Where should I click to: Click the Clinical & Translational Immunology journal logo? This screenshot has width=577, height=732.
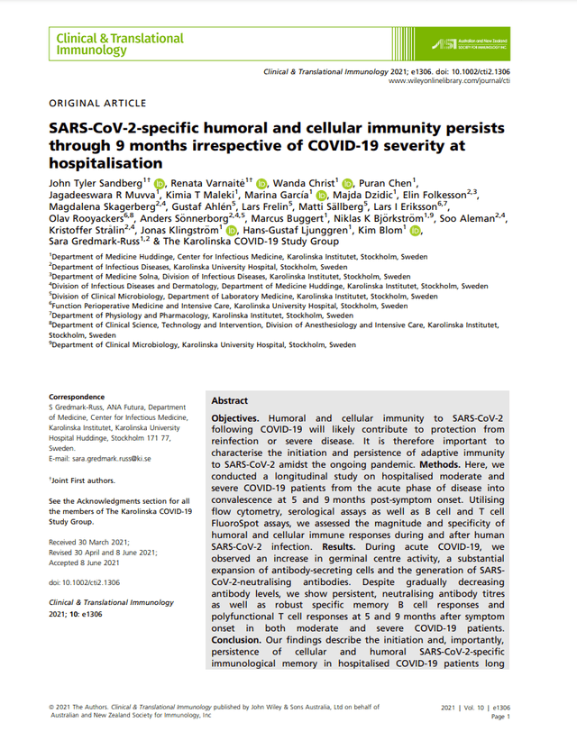coord(119,44)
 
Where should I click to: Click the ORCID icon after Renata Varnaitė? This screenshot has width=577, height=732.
coord(261,184)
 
